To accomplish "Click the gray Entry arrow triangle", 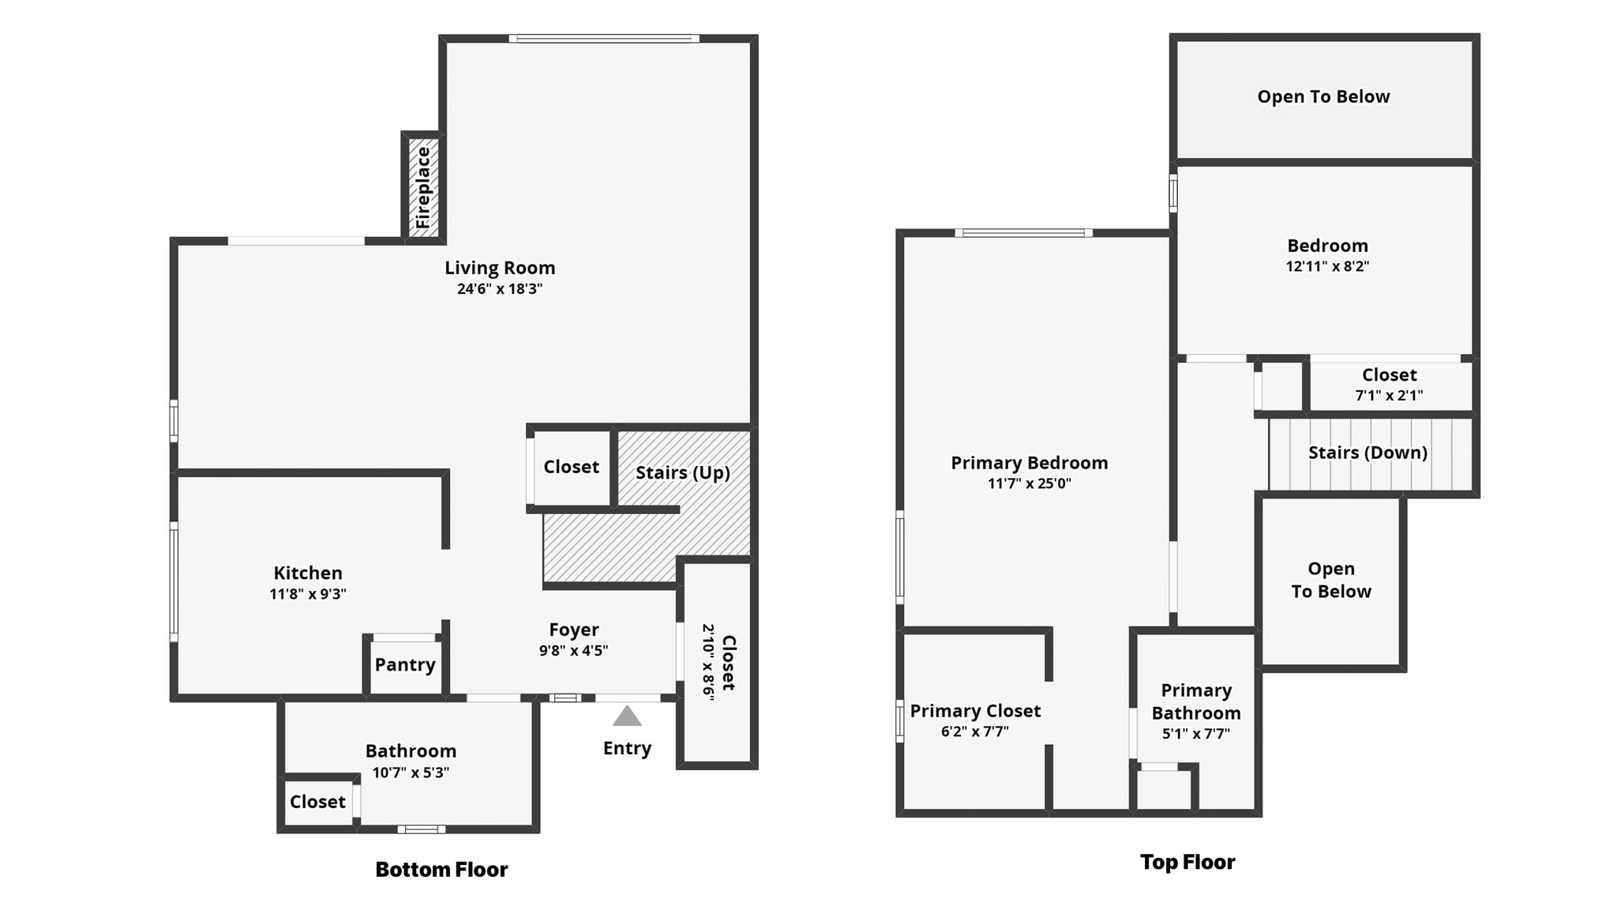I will point(627,716).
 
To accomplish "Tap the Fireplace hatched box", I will point(424,187).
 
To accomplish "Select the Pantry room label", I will point(405,665).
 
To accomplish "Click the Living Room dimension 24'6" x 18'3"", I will point(500,289).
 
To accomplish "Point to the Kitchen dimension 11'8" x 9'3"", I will point(308,594).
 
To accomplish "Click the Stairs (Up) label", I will point(682,473).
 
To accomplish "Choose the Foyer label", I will point(574,630).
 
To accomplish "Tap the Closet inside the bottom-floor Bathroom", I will point(317,802).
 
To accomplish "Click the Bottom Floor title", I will point(441,870).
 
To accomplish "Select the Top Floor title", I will point(1187,862).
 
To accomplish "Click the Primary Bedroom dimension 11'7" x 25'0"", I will point(1029,483).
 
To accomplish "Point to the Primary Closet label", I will point(975,711).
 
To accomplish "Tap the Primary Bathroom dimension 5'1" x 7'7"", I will point(1195,734).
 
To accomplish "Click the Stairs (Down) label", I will point(1368,453).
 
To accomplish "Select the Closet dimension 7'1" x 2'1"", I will point(1389,396).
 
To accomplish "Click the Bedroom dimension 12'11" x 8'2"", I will point(1327,267).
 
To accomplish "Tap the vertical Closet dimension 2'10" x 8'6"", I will point(708,662).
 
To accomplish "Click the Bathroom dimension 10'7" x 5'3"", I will point(411,773).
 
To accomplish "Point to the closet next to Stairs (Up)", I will point(571,467).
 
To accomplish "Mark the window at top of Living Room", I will point(604,39).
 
